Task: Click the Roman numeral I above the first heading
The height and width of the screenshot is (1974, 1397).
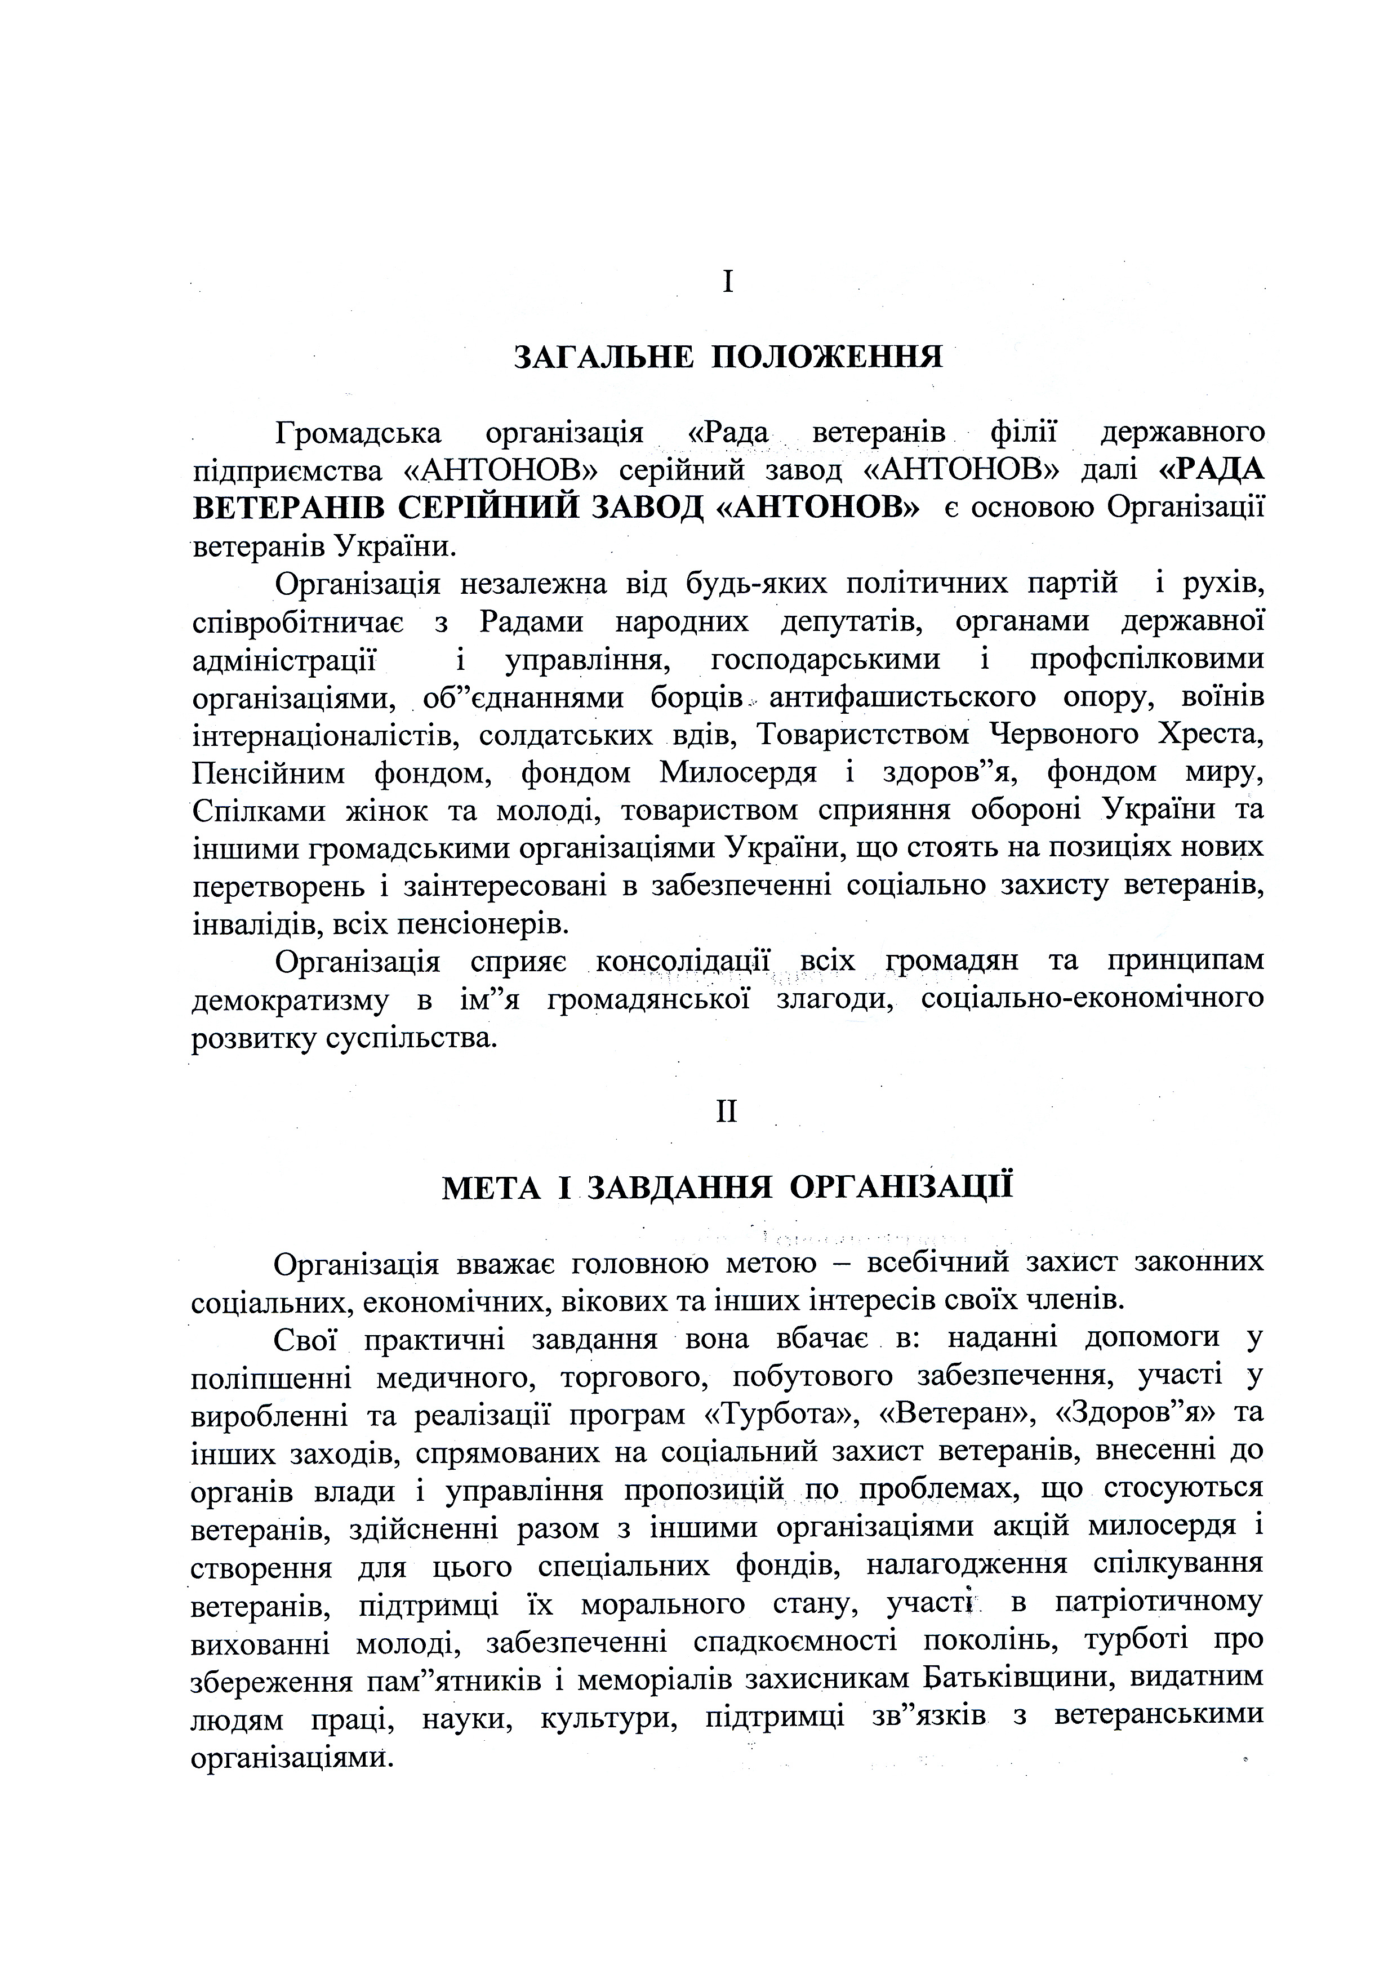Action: (728, 281)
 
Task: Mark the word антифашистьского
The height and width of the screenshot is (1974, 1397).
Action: (902, 697)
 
